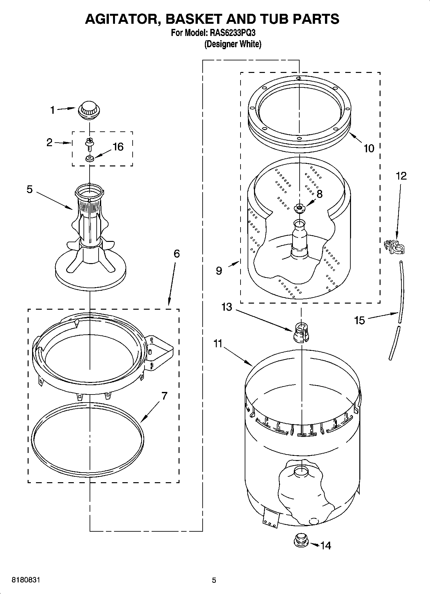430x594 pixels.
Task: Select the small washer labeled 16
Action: point(89,158)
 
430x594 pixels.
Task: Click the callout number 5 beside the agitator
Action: point(30,190)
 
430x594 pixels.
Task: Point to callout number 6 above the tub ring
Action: point(176,254)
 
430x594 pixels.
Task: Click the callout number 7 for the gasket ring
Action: point(164,396)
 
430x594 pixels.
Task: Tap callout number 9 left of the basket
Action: point(219,271)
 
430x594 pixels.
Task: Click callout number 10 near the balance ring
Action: point(369,148)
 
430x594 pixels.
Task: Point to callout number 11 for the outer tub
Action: point(218,344)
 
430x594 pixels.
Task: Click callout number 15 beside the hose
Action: point(360,320)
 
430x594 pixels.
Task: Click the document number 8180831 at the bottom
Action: point(26,580)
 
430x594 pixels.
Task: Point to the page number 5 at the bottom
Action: point(214,580)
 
